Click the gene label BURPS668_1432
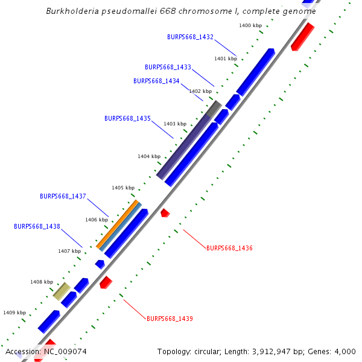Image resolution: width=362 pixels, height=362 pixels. click(x=190, y=37)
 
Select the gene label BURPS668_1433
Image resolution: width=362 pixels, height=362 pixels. click(x=168, y=67)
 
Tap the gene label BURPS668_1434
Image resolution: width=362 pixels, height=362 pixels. click(x=156, y=81)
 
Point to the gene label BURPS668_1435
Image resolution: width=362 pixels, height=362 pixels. click(x=127, y=118)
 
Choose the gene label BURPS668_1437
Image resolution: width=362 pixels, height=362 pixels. click(x=63, y=196)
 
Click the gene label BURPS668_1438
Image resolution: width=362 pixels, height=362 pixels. click(x=37, y=226)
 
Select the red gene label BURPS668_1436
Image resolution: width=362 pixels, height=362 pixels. click(x=229, y=248)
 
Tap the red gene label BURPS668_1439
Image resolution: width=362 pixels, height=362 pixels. click(x=170, y=318)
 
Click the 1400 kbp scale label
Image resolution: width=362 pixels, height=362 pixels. click(x=250, y=25)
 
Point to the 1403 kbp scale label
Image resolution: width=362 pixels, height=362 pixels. click(x=175, y=124)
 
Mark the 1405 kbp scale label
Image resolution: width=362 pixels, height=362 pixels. click(x=122, y=188)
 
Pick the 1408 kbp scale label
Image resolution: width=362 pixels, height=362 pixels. click(x=42, y=282)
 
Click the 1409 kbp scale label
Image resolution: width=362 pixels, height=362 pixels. click(x=14, y=313)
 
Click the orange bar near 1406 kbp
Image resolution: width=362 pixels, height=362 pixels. click(x=117, y=224)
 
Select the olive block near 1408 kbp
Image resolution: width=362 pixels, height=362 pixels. click(x=61, y=291)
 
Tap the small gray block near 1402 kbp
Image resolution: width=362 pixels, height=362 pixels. click(x=214, y=109)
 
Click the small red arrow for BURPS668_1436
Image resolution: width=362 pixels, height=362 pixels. click(x=165, y=212)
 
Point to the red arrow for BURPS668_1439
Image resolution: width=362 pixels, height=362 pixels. click(x=106, y=282)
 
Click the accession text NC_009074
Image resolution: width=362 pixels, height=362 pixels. click(x=65, y=351)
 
